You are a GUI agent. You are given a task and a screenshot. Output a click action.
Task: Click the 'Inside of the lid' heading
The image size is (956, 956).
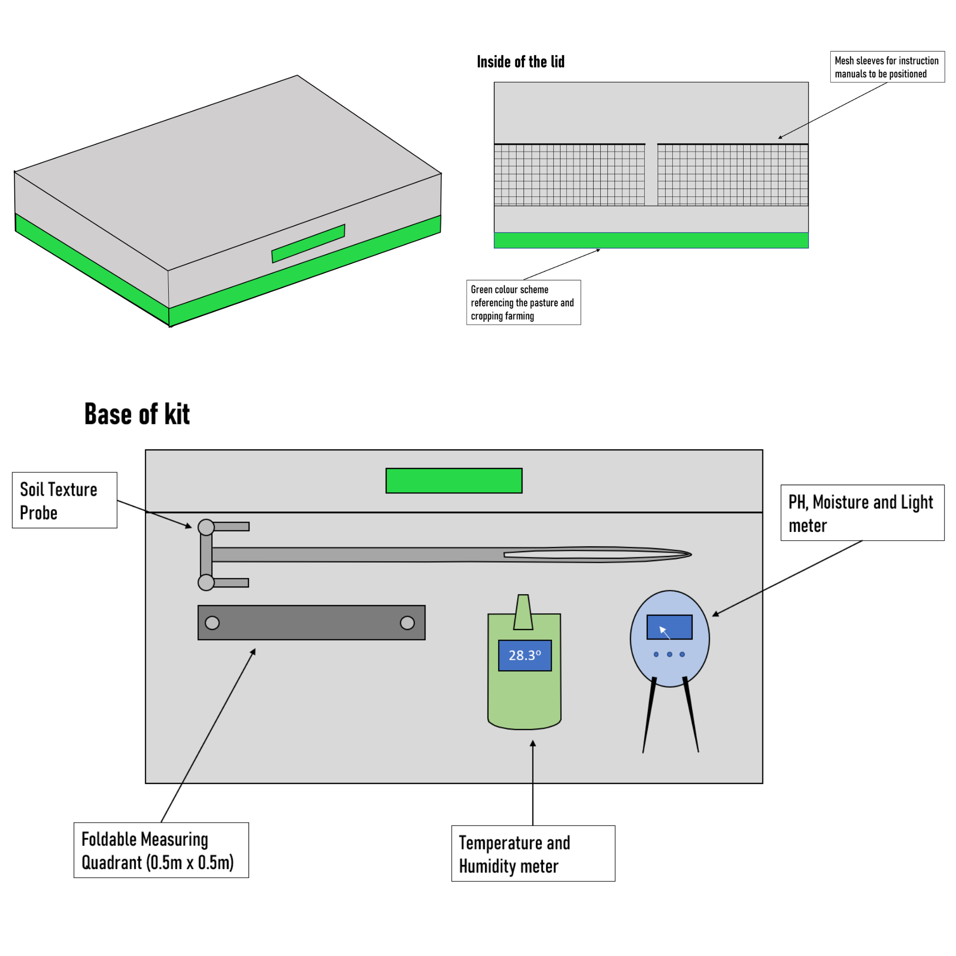pyautogui.click(x=521, y=62)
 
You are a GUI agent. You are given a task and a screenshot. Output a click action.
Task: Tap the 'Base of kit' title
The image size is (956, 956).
pyautogui.click(x=137, y=414)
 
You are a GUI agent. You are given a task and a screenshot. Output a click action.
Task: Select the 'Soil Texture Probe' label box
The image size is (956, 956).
pyautogui.click(x=65, y=500)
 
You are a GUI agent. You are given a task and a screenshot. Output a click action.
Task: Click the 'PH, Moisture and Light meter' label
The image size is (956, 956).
pyautogui.click(x=862, y=512)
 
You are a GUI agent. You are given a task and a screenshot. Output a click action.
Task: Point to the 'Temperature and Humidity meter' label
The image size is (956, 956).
pyautogui.click(x=533, y=854)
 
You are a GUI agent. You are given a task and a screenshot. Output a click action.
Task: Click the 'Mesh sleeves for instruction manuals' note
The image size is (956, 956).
pyautogui.click(x=887, y=67)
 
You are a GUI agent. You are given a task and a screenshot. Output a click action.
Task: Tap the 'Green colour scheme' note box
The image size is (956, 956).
pyautogui.click(x=523, y=303)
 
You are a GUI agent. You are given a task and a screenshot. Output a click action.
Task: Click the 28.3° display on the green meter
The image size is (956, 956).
pyautogui.click(x=524, y=656)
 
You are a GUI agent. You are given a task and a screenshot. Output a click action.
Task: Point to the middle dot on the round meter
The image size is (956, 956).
pyautogui.click(x=670, y=654)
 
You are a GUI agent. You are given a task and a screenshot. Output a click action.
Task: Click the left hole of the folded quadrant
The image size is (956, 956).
pyautogui.click(x=212, y=622)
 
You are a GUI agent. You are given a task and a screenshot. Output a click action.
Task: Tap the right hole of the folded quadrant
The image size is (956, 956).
pyautogui.click(x=407, y=622)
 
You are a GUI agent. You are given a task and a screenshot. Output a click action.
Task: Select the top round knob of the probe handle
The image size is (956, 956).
pyautogui.click(x=206, y=527)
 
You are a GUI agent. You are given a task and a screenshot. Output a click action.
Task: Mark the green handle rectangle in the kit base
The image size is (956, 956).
pyautogui.click(x=454, y=480)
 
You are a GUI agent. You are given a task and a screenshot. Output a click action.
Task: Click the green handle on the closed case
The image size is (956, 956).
pyautogui.click(x=308, y=243)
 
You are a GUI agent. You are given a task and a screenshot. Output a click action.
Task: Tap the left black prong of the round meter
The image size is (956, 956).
pyautogui.click(x=649, y=715)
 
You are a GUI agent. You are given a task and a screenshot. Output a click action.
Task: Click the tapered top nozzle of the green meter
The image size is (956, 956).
pyautogui.click(x=523, y=612)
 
